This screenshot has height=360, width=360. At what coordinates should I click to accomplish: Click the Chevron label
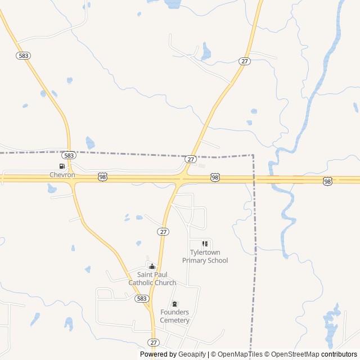point(62,175)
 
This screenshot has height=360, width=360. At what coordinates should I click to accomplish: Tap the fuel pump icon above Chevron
point(62,166)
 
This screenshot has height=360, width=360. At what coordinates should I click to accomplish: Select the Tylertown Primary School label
point(205,256)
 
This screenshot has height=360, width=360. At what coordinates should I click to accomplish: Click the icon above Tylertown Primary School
point(205,244)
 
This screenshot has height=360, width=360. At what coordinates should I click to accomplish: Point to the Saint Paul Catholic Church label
point(152,278)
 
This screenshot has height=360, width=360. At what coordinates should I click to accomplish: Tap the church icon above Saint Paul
point(152,266)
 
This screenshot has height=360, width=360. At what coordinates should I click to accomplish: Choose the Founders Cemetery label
point(174,316)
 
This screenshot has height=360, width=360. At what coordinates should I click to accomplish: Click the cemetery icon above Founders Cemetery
point(174,304)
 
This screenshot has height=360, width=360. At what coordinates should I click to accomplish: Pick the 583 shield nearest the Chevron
point(69,155)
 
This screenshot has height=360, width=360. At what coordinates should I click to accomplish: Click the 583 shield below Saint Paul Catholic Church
point(141,299)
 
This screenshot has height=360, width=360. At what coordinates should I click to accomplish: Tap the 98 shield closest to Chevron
point(102,177)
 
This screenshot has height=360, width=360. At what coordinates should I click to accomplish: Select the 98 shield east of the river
point(327,181)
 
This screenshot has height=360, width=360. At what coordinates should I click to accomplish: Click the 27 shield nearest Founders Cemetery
point(154,343)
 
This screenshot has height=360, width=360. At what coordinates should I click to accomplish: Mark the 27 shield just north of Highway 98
point(190,160)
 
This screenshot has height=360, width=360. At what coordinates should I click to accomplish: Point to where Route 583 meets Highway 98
point(71,178)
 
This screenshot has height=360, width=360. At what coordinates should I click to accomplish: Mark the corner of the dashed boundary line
point(253,155)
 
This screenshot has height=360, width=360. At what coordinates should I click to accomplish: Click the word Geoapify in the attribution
point(192,354)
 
